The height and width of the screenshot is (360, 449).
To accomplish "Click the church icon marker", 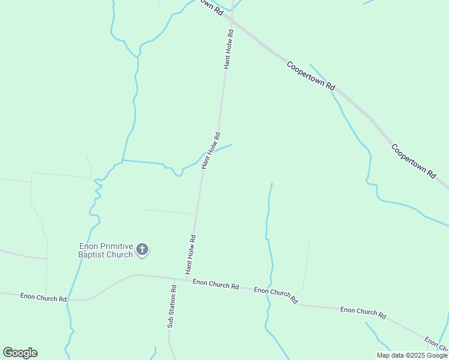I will coord(142,249).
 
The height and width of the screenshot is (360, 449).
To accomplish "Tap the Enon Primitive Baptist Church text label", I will coord(106,250).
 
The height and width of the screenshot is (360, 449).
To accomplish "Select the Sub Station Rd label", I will coord(172,305).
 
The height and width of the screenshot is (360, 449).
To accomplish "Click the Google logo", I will coord(20,353).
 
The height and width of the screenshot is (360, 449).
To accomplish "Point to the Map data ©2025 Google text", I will coord(412,355).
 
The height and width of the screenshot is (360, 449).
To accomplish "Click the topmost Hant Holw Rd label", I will coord(229,49).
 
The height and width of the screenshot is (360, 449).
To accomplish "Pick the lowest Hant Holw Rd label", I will coord(191,254).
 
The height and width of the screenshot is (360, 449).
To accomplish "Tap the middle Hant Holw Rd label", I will coord(211,151).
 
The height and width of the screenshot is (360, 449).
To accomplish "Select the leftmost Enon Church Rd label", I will coord(43,297).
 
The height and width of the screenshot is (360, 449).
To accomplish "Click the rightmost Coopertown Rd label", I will coord(413,160).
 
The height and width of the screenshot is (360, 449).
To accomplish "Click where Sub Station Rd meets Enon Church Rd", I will coord(173,279).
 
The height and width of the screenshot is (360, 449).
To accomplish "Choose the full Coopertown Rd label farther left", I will coord(310,76).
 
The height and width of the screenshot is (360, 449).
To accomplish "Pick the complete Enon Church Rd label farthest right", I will coord(363,312).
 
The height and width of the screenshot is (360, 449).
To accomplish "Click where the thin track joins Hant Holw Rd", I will coord(197,214).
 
